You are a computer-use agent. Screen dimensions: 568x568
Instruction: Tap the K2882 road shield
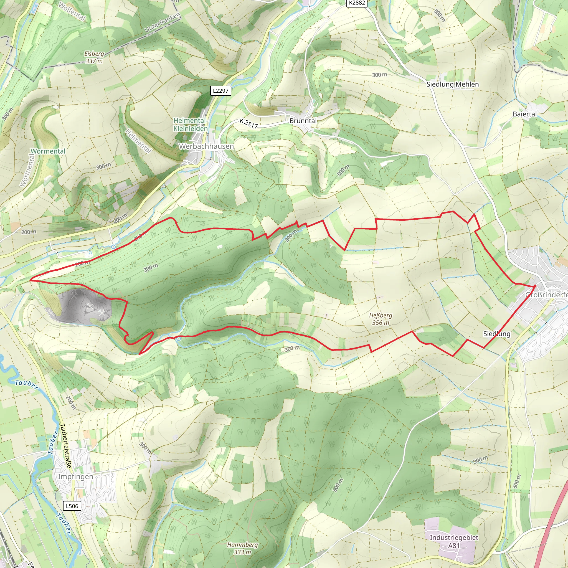click(x=357, y=3)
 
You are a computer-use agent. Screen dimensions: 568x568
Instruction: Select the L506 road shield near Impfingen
click(x=72, y=506)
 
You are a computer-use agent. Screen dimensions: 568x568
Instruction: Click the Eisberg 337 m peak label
click(x=94, y=57)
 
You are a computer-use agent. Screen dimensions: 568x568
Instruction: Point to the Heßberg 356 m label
click(x=381, y=319)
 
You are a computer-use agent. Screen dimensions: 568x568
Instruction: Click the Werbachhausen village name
click(x=206, y=146)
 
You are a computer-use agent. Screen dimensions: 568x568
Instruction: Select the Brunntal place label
click(x=303, y=121)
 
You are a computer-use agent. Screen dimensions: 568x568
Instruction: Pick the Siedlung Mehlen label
click(x=452, y=84)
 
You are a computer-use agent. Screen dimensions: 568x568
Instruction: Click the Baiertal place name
click(x=525, y=114)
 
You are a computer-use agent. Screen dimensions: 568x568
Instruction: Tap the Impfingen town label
click(x=75, y=476)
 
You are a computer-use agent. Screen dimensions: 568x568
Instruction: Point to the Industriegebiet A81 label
click(x=454, y=541)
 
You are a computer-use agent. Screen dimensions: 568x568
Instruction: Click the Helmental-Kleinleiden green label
click(x=191, y=125)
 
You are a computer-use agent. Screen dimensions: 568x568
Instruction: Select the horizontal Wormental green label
click(x=48, y=151)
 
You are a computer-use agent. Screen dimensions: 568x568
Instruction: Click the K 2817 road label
click(x=249, y=123)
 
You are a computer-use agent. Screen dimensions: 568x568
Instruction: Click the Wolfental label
click(x=72, y=12)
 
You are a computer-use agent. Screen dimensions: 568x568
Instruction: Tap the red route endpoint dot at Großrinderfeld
click(x=535, y=286)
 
